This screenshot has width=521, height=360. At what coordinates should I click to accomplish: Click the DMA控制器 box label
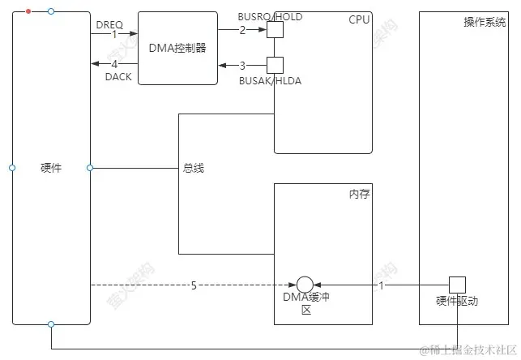tap(177, 48)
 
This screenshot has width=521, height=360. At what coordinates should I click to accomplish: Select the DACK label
tap(117, 75)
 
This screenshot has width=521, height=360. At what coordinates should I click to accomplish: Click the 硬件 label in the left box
tap(50, 168)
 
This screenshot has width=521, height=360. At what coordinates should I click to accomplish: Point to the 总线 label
tap(193, 168)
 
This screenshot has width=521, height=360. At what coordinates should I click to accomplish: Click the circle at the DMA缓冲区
tap(305, 285)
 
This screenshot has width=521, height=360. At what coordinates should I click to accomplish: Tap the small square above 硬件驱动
tap(458, 285)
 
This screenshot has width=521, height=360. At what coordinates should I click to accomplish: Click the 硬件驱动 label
tap(457, 301)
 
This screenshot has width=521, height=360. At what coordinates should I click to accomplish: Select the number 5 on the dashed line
tap(193, 285)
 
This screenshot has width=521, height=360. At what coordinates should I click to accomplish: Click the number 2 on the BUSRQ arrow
tap(241, 29)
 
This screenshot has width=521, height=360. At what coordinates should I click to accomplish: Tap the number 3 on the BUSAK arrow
tap(241, 65)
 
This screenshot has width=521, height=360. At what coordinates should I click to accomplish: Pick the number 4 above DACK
tap(114, 64)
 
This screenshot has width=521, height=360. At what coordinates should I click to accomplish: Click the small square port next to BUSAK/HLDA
tap(275, 65)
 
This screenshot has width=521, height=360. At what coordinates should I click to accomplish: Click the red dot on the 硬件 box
tap(29, 11)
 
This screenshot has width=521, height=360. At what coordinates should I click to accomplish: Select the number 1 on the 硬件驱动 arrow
tap(382, 285)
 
